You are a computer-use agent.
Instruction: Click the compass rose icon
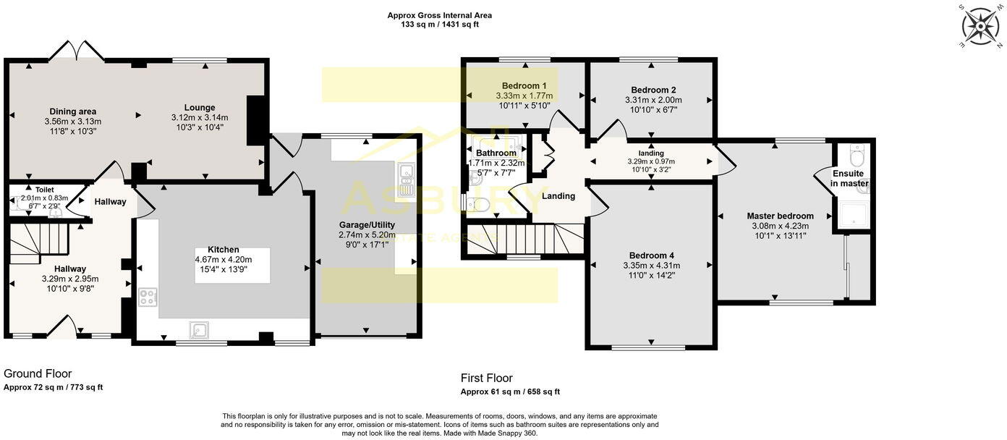point(980,27)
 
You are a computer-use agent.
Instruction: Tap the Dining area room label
point(73,111)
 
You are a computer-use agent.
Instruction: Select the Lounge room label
point(200,108)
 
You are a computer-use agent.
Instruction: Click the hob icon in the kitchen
point(148,297)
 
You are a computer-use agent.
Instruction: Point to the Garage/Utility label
point(367,224)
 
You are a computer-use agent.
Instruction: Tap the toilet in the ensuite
point(857,156)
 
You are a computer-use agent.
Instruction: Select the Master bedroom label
point(780,216)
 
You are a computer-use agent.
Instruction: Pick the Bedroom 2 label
point(653,90)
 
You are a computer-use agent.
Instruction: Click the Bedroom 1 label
point(524,85)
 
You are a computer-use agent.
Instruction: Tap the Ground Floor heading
point(38,373)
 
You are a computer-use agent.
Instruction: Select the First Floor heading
point(486,378)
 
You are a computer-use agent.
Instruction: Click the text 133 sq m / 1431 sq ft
point(440,25)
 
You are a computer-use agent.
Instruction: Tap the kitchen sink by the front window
point(199,330)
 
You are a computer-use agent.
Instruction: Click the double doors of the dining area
point(77,51)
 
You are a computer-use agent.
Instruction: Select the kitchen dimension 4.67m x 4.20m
point(223,260)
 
